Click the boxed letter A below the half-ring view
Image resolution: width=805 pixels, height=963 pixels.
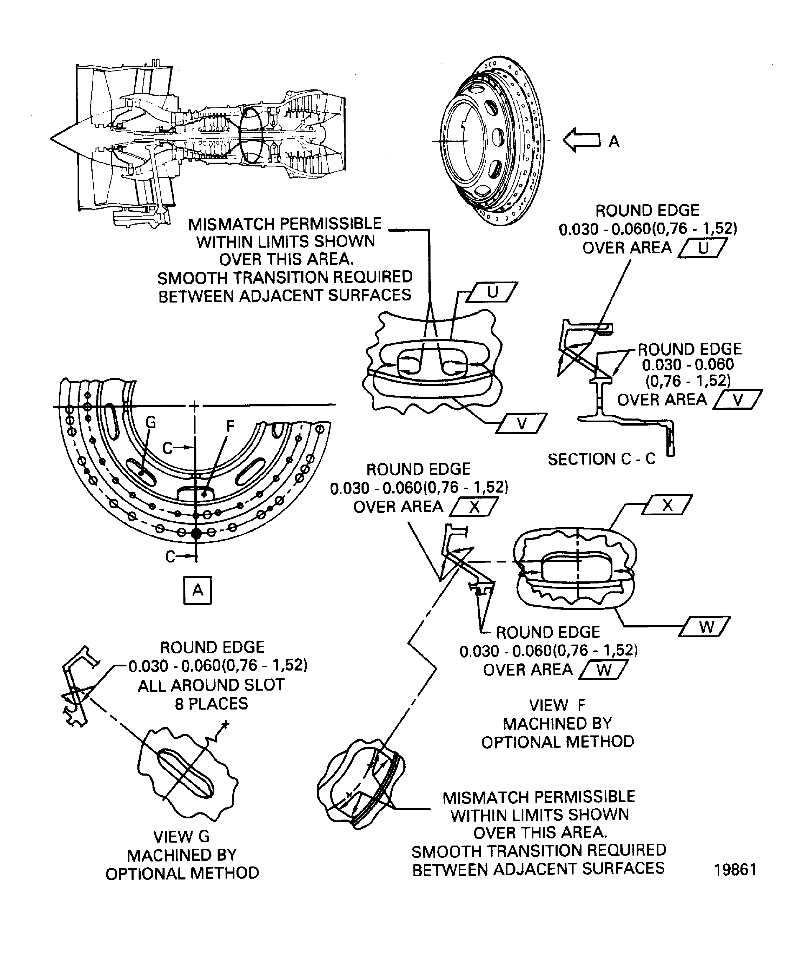tap(198, 590)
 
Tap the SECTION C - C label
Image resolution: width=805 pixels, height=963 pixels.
tap(601, 459)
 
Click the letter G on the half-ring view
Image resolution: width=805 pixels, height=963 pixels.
tap(151, 422)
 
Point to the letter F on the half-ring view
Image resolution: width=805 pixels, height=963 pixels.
tap(231, 426)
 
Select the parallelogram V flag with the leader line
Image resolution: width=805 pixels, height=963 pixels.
tap(522, 424)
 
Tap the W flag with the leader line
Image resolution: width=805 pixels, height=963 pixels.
tap(706, 627)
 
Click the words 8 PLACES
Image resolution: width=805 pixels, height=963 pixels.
tap(211, 704)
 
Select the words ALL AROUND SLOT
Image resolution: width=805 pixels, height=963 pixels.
tap(211, 685)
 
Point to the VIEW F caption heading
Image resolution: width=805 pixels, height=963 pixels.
tap(557, 705)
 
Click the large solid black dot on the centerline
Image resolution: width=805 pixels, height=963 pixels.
tap(196, 533)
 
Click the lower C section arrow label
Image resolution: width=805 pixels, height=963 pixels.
tap(170, 557)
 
